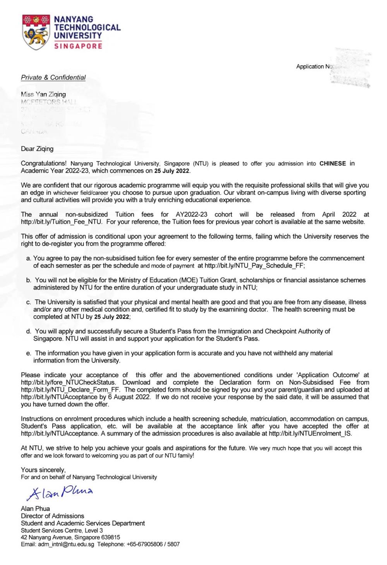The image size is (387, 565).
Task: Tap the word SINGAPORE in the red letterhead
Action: (x=78, y=46)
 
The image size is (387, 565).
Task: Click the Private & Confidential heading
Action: (x=53, y=77)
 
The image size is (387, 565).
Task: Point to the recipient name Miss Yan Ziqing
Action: (x=43, y=94)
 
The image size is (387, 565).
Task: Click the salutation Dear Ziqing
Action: (x=37, y=149)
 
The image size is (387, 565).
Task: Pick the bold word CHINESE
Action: (x=332, y=163)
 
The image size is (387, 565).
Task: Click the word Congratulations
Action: (x=44, y=163)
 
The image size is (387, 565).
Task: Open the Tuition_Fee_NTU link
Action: (x=62, y=222)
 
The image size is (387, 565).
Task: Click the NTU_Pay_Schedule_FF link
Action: (x=254, y=266)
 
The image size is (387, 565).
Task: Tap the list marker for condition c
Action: (x=29, y=302)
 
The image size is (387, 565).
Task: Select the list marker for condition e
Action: (x=29, y=353)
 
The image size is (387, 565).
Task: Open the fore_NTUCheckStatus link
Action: (x=68, y=382)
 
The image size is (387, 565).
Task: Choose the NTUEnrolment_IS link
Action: (x=310, y=433)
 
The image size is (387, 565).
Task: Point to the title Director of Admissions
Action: (x=52, y=516)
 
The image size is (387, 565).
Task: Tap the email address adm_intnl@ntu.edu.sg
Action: (x=66, y=544)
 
